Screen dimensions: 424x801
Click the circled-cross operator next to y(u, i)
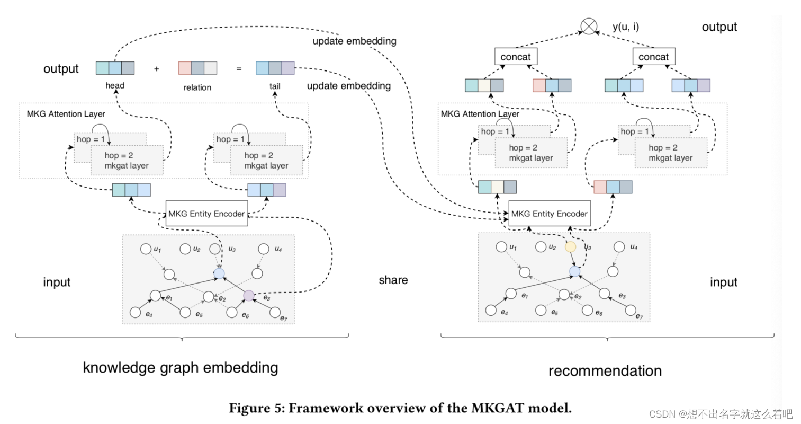click(x=589, y=26)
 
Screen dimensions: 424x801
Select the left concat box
click(x=515, y=57)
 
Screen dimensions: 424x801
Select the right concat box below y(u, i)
click(x=653, y=57)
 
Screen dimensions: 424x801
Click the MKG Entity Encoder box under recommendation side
click(x=549, y=214)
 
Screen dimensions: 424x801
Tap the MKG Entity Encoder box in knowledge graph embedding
click(x=206, y=214)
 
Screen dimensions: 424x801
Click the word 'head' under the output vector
click(x=115, y=85)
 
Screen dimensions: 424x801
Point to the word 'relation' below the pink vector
click(x=197, y=87)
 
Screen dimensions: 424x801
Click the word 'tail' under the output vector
click(x=275, y=86)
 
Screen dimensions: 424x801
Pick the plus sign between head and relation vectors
click(x=156, y=69)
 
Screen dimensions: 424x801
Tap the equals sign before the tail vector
click(x=239, y=69)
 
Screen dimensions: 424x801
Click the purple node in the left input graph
click(x=249, y=295)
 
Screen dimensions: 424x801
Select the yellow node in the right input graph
click(x=570, y=247)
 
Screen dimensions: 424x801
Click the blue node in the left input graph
click(x=219, y=273)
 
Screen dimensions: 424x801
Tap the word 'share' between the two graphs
click(x=393, y=280)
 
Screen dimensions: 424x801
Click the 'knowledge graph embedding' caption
click(x=181, y=367)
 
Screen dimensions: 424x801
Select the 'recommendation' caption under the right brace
click(x=605, y=370)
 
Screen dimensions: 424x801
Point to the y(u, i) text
click(x=625, y=26)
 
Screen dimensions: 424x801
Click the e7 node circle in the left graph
click(x=275, y=312)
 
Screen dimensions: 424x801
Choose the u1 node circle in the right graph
click(x=501, y=246)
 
